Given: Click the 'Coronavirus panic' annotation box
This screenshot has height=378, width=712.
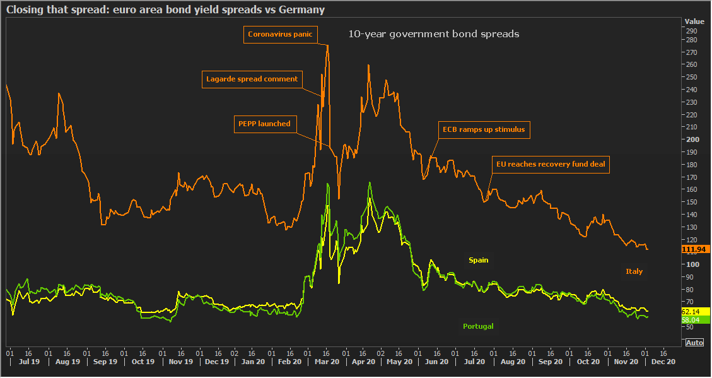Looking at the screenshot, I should (280, 35).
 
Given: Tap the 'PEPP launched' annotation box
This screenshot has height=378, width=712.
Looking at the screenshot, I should (264, 124).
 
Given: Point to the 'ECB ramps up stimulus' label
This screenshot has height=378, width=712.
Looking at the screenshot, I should (484, 130).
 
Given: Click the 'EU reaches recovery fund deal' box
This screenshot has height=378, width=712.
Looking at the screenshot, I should (550, 165).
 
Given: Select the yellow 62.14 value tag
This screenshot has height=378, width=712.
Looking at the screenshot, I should (692, 312).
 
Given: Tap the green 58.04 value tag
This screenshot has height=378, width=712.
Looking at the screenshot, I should (692, 320).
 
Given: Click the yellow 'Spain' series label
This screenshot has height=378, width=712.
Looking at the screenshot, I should (478, 260).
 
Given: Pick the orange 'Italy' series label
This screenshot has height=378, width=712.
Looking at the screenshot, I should (634, 271).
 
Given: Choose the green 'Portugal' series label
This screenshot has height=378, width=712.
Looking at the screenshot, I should (478, 326).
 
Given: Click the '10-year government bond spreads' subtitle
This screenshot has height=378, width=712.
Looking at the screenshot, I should (434, 34).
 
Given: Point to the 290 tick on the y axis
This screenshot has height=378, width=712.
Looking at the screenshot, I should (691, 31).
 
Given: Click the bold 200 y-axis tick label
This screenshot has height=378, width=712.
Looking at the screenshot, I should (691, 139).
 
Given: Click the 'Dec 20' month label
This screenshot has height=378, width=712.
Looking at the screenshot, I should (663, 362).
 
